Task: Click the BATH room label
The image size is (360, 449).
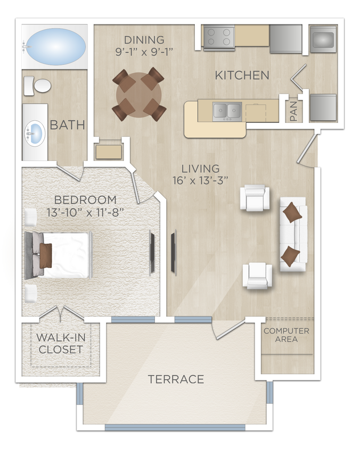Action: click(x=68, y=126)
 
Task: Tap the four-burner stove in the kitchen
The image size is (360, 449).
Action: click(x=218, y=37)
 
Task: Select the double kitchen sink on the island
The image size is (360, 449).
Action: click(x=227, y=111)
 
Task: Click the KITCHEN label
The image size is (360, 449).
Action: click(x=242, y=76)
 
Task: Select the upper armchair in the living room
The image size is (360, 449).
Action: click(x=255, y=198)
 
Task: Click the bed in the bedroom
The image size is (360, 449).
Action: click(x=61, y=255)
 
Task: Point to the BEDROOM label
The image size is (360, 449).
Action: click(x=85, y=200)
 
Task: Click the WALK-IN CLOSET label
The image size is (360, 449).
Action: click(x=60, y=343)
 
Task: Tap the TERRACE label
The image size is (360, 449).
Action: click(x=176, y=379)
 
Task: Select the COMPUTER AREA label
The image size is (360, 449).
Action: click(x=287, y=335)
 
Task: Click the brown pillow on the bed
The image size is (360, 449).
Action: click(x=46, y=255)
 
